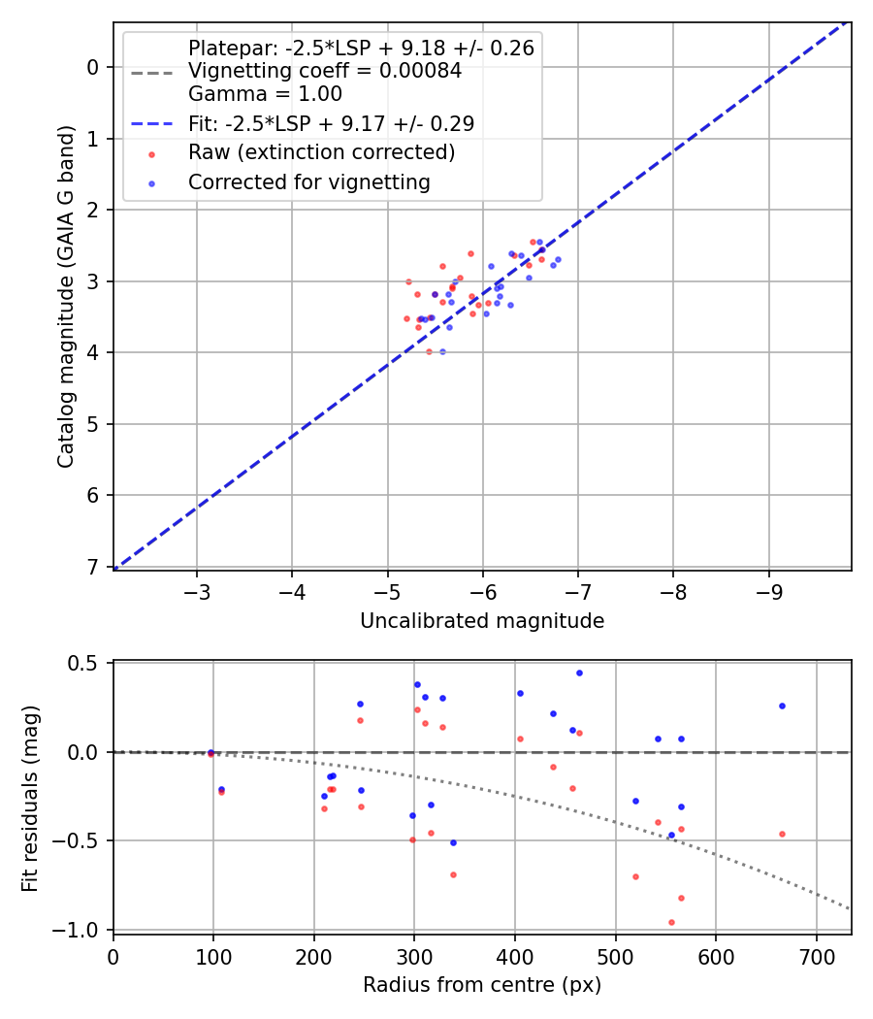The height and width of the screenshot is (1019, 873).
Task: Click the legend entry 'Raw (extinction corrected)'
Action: tap(321, 152)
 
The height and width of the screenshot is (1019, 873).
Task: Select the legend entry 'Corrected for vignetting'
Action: tap(308, 181)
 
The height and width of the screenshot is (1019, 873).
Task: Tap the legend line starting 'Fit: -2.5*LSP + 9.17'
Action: tap(331, 123)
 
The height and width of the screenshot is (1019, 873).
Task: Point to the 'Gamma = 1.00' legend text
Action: tap(265, 94)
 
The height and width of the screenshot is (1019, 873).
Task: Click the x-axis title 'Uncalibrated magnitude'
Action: tap(482, 621)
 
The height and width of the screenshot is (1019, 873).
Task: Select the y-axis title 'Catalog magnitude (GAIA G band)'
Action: tap(65, 295)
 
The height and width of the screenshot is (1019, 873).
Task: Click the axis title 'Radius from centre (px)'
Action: tap(482, 985)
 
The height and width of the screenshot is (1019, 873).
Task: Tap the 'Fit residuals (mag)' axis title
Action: tap(30, 796)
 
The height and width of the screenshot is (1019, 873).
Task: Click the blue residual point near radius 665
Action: tap(782, 706)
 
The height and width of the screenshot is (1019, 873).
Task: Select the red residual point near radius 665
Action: tap(782, 834)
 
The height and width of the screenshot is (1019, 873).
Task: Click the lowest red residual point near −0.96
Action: tap(671, 922)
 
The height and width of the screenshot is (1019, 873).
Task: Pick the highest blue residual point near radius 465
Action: tap(579, 673)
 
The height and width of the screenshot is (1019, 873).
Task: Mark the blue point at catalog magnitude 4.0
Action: tap(442, 351)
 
